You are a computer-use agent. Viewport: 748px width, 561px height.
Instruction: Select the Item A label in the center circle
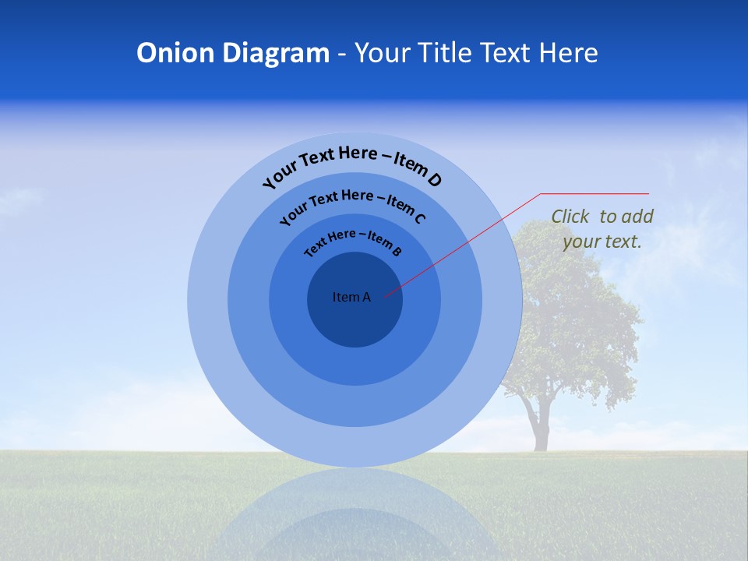point(351,297)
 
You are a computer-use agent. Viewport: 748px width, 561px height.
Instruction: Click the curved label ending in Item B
point(353,241)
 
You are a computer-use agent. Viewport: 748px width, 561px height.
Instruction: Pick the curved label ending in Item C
point(352,204)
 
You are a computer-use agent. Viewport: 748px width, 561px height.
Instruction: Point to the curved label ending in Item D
point(352,165)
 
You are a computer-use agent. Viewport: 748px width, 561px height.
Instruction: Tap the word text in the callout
point(623,242)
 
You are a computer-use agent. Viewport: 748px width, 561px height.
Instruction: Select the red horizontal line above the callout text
point(595,193)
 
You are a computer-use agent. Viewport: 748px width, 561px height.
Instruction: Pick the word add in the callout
point(638,217)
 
